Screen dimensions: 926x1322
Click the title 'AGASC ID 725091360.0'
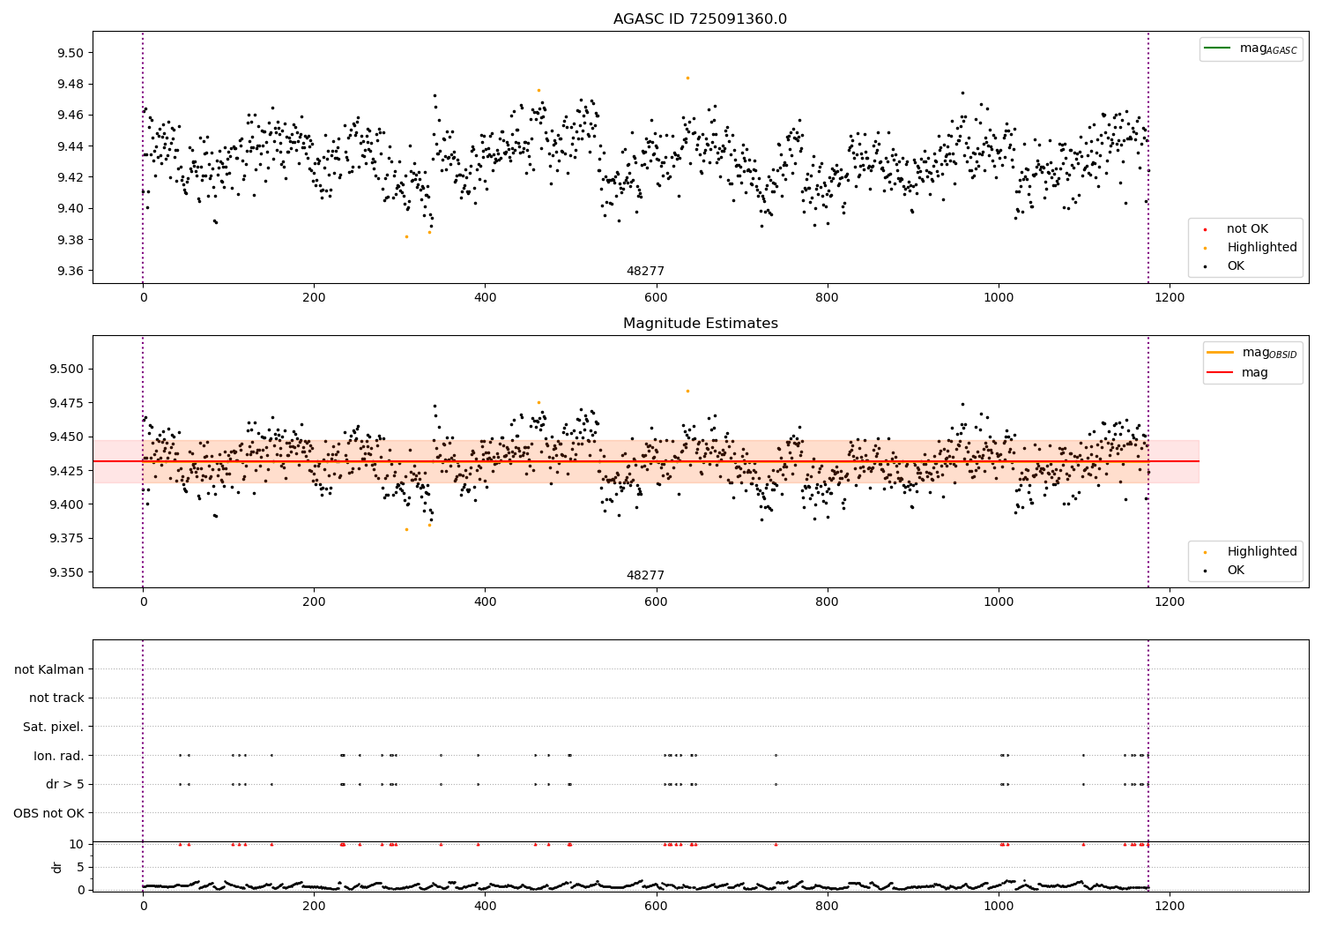[700, 19]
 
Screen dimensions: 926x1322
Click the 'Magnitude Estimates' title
[700, 324]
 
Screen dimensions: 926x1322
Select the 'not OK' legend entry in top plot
[1246, 229]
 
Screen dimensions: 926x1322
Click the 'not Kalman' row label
[49, 669]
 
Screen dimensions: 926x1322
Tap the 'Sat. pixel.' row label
[53, 727]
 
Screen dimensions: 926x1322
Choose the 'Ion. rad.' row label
[58, 756]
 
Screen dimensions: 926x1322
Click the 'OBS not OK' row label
[48, 813]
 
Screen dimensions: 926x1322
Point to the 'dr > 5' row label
[64, 784]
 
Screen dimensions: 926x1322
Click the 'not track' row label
[56, 698]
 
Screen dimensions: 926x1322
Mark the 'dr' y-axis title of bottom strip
[57, 867]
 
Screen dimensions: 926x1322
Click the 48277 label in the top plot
[645, 272]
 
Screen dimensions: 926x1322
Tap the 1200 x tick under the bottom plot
[1170, 905]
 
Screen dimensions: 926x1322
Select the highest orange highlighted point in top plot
[687, 78]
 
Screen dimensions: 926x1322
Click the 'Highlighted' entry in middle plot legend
[1261, 552]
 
